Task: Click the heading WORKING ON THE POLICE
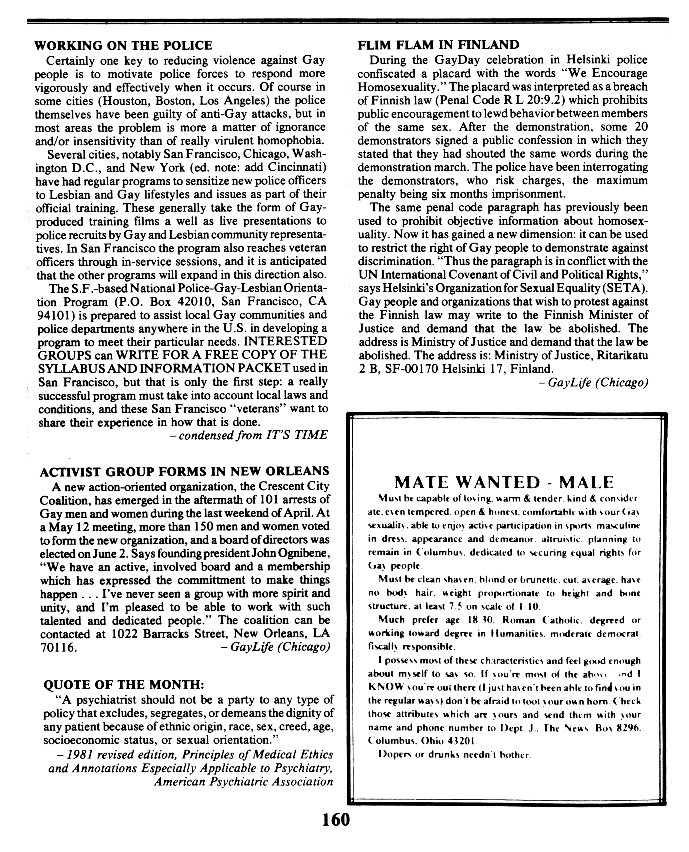click(123, 46)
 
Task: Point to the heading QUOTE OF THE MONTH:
click(123, 685)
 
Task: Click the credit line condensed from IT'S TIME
click(253, 435)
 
